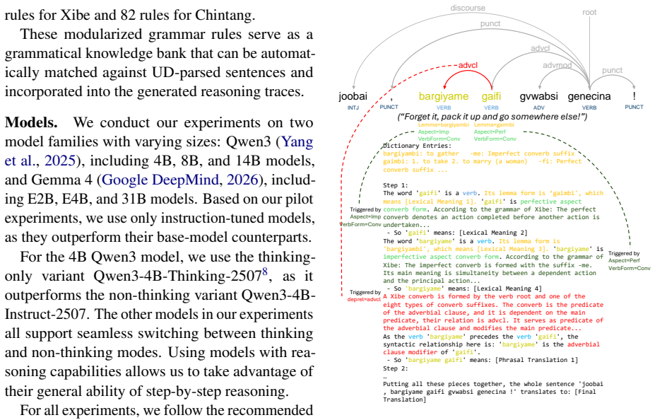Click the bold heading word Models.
point(31,122)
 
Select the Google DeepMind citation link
point(160,180)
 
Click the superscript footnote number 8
point(264,272)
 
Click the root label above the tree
point(589,12)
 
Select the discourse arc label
point(468,8)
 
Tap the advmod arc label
point(557,65)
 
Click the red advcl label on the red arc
point(468,65)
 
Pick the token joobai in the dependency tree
point(353,96)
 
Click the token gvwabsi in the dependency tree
point(539,96)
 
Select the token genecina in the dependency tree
point(589,97)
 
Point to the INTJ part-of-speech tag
point(353,107)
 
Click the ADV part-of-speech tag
point(539,107)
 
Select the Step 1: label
point(396,185)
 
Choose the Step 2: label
point(396,368)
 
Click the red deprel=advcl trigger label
point(365,299)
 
